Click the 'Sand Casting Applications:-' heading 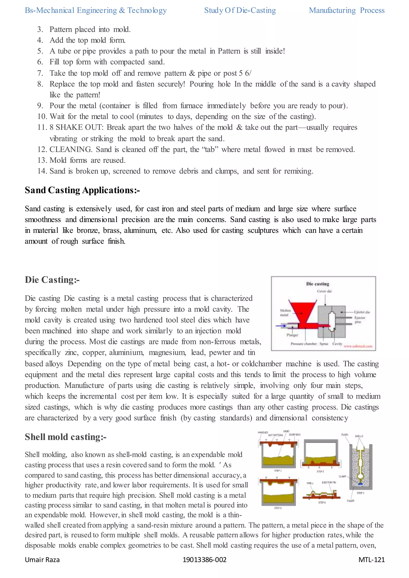pyautogui.click(x=82, y=190)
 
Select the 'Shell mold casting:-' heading pyautogui.click(x=66, y=437)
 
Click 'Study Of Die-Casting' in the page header pyautogui.click(x=240, y=10)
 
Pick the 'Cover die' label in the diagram pyautogui.click(x=324, y=291)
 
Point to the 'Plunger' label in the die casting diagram pyautogui.click(x=292, y=335)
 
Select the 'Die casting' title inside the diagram pyautogui.click(x=318, y=284)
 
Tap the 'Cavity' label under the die pyautogui.click(x=337, y=344)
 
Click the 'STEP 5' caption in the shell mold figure pyautogui.click(x=360, y=493)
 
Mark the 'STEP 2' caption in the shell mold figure pyautogui.click(x=320, y=471)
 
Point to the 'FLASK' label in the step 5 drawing pyautogui.click(x=345, y=434)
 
